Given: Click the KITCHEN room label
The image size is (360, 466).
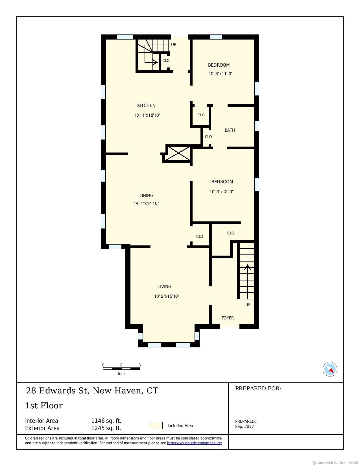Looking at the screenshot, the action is (146, 105).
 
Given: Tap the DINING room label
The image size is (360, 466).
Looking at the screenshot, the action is (146, 195).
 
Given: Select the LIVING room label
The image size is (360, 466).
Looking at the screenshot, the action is (164, 286).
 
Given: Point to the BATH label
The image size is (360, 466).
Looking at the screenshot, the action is (230, 130).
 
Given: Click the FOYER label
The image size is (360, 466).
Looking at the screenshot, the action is (228, 318).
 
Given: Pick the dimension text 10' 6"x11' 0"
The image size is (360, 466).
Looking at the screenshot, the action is (221, 73).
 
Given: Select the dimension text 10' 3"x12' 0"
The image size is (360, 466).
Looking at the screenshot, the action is (221, 191).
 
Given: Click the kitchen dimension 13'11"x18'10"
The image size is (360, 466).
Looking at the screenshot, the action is (147, 115).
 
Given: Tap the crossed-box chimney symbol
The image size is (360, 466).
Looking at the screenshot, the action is (178, 153).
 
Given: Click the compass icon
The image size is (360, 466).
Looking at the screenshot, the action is (330, 369).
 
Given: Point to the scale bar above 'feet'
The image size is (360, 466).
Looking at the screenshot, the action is (121, 369).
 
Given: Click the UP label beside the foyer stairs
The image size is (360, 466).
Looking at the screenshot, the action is (248, 304).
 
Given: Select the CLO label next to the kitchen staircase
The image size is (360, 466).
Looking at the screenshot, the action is (166, 60).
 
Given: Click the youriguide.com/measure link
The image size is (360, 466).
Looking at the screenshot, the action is (195, 443).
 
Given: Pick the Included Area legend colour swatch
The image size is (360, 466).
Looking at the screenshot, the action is (156, 425).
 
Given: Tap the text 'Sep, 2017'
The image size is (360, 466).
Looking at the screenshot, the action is (244, 426).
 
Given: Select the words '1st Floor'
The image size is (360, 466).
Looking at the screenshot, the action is (44, 405).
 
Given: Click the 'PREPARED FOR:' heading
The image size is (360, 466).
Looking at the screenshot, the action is (258, 388).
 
